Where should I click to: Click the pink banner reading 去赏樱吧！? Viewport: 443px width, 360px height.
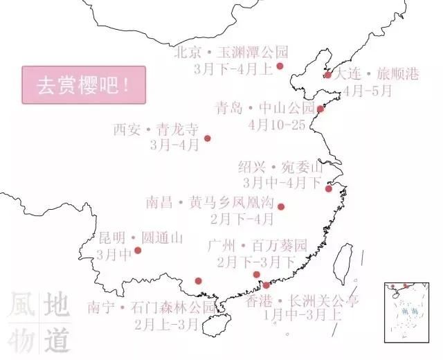click(x=84, y=84)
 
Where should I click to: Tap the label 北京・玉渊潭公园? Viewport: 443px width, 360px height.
click(x=230, y=52)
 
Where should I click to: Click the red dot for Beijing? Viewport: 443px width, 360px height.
click(x=280, y=66)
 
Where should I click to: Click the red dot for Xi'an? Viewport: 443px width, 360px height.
click(x=207, y=138)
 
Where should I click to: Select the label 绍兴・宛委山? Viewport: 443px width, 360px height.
click(x=280, y=167)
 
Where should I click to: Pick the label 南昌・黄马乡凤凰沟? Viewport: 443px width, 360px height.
click(x=210, y=203)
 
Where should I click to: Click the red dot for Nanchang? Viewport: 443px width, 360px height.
click(x=280, y=206)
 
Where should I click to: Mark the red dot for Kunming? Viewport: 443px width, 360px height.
click(x=138, y=250)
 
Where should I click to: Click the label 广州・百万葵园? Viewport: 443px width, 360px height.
click(x=257, y=245)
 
